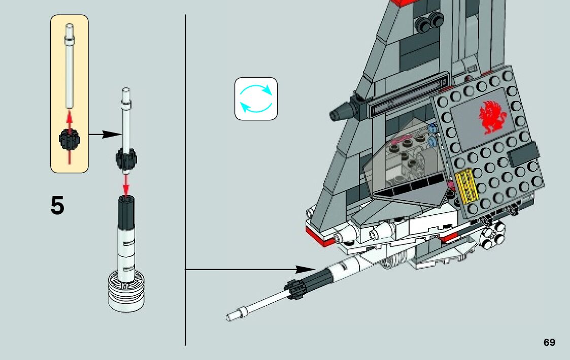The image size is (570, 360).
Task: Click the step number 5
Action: point(58,206)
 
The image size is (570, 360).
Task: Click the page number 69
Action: point(549,342)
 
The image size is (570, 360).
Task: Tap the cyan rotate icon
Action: point(256,99)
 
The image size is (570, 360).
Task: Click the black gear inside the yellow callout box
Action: point(69,139)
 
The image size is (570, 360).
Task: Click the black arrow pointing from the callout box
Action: point(105,135)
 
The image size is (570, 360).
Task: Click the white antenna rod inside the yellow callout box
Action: point(69,71)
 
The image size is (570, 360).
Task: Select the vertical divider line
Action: point(185,178)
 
